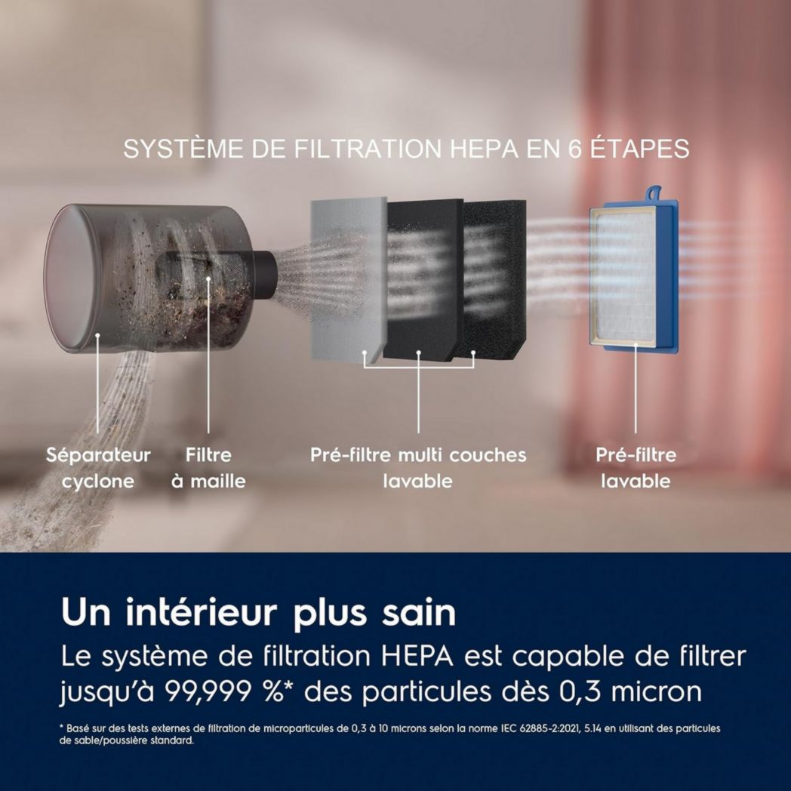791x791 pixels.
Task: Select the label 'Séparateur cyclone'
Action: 98,468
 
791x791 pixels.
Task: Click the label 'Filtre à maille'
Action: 208,468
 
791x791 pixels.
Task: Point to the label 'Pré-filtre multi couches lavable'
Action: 418,468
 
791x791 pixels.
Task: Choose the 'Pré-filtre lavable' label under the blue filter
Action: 636,468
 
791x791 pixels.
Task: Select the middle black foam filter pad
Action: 423,279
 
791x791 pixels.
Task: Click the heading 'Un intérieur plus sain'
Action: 258,613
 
